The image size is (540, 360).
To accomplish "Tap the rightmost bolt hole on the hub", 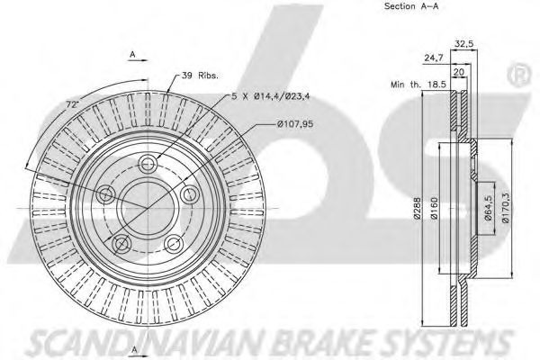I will tap(189, 193).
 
